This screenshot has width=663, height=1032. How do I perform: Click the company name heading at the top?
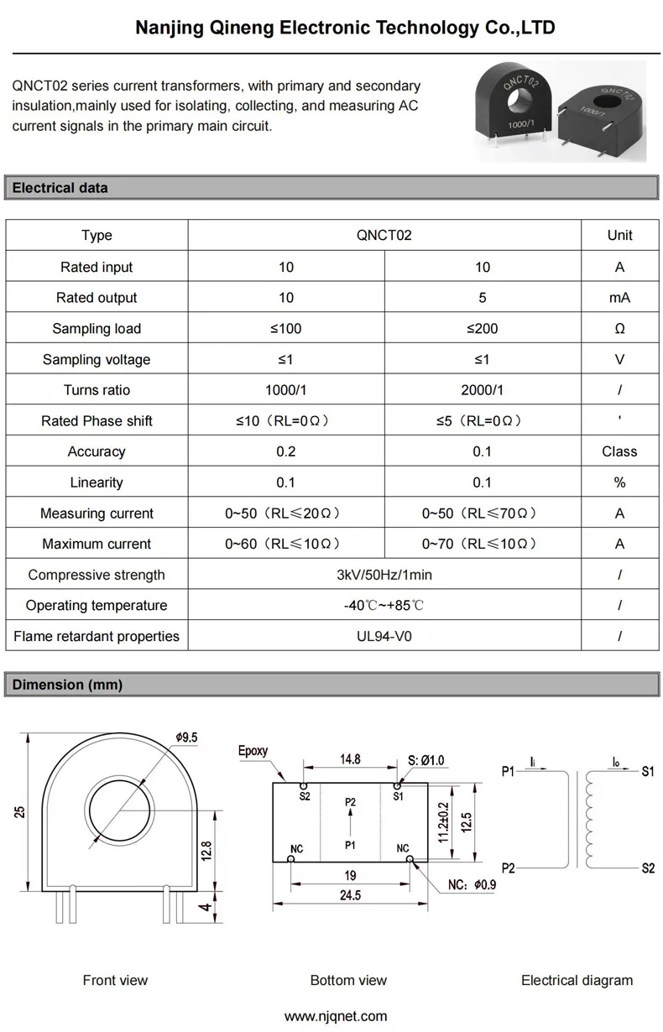[345, 29]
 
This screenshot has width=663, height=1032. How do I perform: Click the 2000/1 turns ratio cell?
[482, 390]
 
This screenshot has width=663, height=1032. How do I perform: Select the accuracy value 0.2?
[286, 451]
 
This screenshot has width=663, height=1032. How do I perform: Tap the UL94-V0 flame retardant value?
[384, 636]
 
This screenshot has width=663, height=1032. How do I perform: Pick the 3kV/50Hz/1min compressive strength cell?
[384, 575]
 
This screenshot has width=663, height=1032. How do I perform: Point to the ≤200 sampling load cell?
[482, 329]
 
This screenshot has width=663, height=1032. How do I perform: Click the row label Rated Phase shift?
[97, 421]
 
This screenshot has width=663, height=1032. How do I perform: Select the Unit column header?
[619, 236]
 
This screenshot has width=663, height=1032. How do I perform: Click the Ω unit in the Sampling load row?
[619, 329]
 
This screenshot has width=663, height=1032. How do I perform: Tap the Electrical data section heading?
[60, 188]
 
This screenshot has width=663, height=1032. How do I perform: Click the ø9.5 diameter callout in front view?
[186, 738]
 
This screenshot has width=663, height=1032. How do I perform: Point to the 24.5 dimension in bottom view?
[350, 895]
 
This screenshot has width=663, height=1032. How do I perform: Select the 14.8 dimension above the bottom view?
[350, 758]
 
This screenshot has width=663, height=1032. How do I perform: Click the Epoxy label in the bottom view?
[253, 751]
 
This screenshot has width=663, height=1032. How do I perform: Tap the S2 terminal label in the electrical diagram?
[647, 868]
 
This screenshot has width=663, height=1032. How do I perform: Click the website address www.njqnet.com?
[336, 1016]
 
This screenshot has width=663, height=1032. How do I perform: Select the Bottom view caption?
[348, 980]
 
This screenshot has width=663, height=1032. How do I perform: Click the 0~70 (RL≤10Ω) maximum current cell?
[482, 544]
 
